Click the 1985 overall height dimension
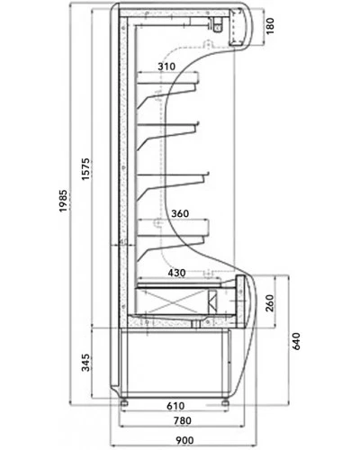click(63, 201)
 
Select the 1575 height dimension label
click(85, 168)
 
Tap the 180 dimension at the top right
click(270, 26)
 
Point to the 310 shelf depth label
click(166, 67)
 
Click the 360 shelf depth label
click(180, 213)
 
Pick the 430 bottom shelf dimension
click(176, 273)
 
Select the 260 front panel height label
click(270, 303)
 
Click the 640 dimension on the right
click(295, 341)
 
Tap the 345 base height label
click(85, 363)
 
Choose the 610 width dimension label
click(175, 406)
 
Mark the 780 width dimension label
click(183, 420)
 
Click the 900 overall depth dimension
click(184, 440)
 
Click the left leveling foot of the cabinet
click(124, 402)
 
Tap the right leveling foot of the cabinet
click(225, 402)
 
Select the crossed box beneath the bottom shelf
click(172, 301)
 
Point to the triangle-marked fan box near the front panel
click(212, 301)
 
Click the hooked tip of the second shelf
click(197, 123)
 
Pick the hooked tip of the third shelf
click(207, 174)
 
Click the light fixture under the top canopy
click(217, 24)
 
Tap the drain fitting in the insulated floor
click(196, 323)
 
